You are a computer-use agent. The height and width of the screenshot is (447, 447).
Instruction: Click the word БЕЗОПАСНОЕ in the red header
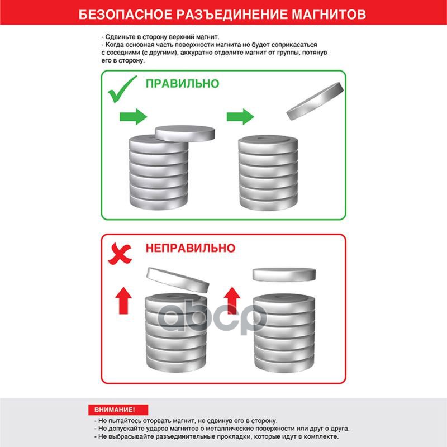pos(125,15)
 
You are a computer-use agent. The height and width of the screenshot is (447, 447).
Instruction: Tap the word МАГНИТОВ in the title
pos(329,15)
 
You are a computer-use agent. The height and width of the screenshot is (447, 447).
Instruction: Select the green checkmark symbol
pos(122,89)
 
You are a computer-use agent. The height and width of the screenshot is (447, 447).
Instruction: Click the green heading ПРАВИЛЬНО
pos(183,83)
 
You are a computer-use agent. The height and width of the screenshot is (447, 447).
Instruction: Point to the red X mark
pos(120,254)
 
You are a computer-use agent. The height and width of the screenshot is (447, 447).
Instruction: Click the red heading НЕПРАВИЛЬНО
pos(191,248)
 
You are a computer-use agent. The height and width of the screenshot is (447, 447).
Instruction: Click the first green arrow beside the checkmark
pos(133,117)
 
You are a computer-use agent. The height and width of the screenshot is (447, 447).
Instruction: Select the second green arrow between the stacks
pos(240,117)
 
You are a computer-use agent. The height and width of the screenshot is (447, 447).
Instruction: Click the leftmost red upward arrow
pos(123,301)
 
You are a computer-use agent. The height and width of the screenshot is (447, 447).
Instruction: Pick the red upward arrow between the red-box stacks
pos(232,301)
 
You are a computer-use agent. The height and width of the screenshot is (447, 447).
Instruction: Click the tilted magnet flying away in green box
pos(315,101)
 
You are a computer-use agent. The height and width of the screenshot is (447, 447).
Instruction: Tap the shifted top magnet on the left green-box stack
pos(185,134)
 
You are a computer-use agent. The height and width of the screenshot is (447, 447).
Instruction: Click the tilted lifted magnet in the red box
pos(178,280)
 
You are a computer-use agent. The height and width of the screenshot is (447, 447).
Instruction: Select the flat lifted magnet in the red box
pos(284,275)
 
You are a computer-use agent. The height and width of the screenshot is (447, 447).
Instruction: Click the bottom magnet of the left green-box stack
pos(159,202)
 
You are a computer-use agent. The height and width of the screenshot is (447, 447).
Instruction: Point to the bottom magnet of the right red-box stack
pos(284,364)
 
